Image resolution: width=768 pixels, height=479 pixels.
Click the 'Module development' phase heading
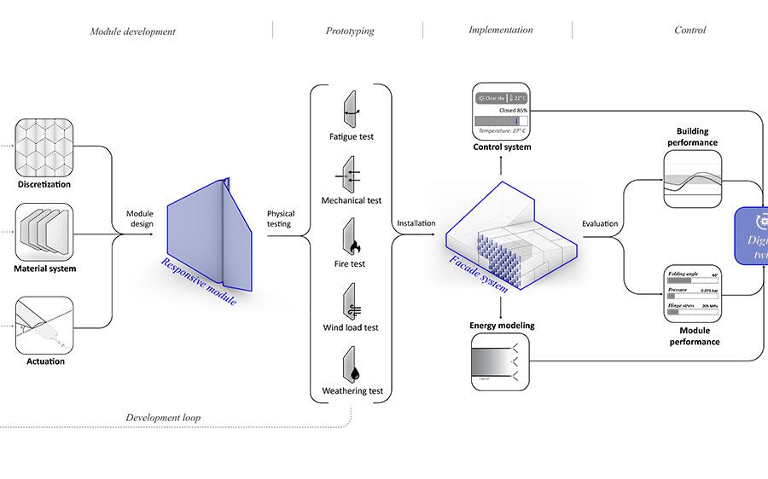pyautogui.click(x=133, y=32)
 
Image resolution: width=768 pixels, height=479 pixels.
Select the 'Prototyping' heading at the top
pyautogui.click(x=350, y=32)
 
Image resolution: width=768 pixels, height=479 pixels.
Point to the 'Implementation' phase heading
pyautogui.click(x=501, y=30)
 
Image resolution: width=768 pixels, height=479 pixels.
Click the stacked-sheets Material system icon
pyautogui.click(x=44, y=233)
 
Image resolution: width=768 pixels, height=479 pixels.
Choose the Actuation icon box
pyautogui.click(x=44, y=325)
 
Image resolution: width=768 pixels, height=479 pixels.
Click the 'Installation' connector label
pyautogui.click(x=416, y=224)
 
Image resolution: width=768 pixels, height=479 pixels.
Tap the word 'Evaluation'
pyautogui.click(x=601, y=224)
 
